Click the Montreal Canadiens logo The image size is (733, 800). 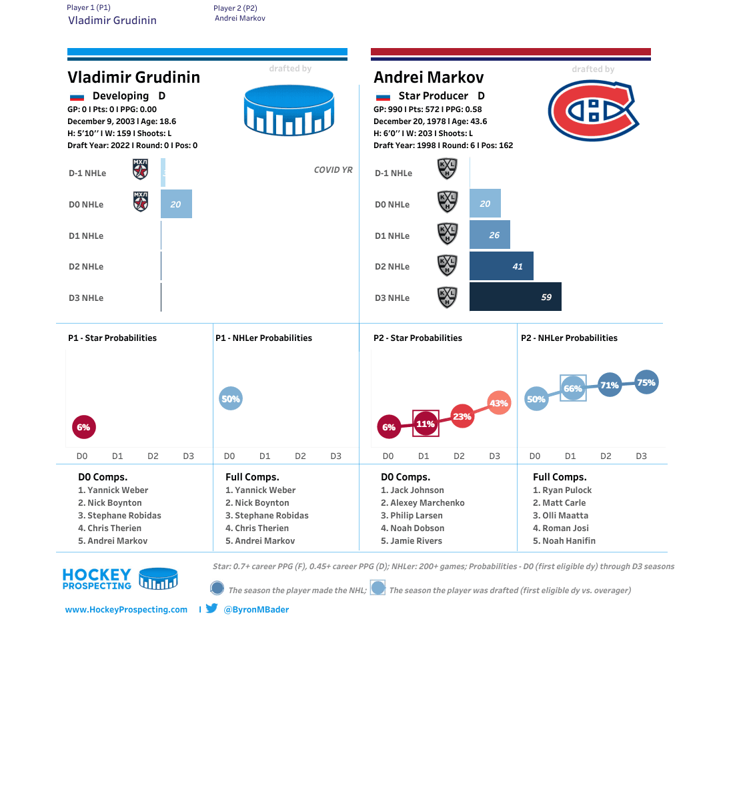pos(593,111)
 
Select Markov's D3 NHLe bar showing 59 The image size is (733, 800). pos(515,297)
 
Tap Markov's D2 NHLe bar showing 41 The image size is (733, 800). pos(501,266)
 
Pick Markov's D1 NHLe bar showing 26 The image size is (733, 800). pos(490,235)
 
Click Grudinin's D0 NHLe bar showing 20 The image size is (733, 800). pos(176,204)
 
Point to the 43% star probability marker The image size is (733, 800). pos(498,403)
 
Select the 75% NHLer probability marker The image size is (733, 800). pos(646,382)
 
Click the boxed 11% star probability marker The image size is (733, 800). pos(426,424)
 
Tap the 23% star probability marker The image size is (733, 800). pos(462,416)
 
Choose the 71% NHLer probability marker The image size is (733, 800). pos(609,385)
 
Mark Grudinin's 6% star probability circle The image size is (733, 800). pos(83,427)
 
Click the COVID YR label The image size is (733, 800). pos(333,170)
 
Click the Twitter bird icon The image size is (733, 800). pos(212,609)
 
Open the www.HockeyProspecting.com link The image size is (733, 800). pos(126,610)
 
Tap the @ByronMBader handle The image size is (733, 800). pos(256,610)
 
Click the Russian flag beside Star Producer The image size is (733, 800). pos(383,97)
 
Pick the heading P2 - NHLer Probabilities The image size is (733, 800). pos(569,338)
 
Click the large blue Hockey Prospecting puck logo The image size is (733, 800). pos(289,111)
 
